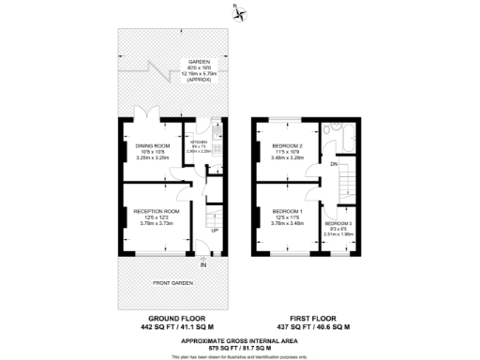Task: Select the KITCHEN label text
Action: [199, 141]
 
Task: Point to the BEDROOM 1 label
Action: [287, 211]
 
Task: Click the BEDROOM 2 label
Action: [287, 145]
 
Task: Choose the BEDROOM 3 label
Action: [338, 223]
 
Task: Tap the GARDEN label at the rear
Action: [198, 61]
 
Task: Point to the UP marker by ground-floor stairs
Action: [214, 230]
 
